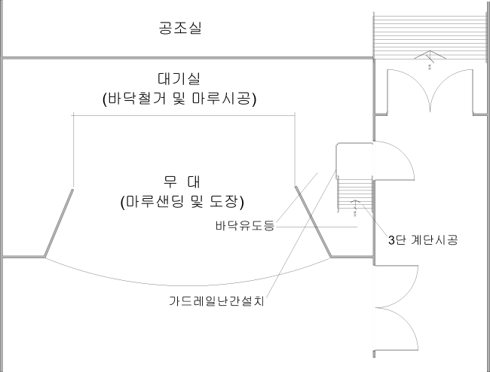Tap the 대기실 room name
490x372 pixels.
179,79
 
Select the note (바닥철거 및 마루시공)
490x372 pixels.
179,99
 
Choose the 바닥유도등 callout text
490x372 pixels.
243,226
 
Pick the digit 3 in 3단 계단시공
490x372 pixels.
390,240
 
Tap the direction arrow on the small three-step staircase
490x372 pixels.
357,203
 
